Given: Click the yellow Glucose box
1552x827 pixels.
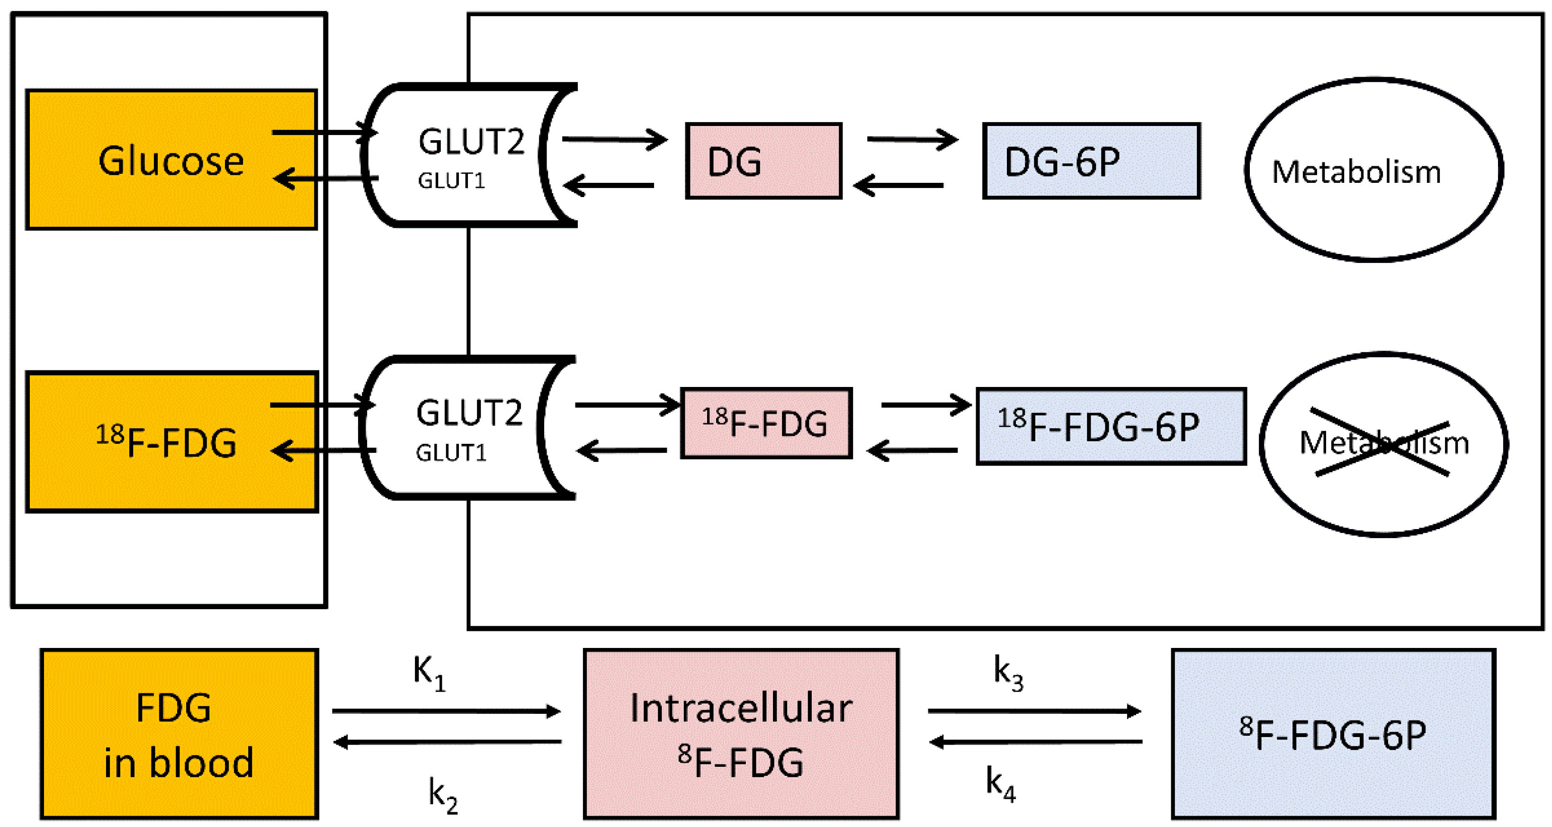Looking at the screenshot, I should pos(171,160).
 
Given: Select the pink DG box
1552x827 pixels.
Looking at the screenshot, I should pos(763,161).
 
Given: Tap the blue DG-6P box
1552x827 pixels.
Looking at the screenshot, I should pos(1091,161).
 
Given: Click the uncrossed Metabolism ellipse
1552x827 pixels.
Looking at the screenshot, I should pos(1373,171).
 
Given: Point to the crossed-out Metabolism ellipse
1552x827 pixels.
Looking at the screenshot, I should pos(1383,444).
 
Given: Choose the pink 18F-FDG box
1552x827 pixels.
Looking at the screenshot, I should pos(766,423).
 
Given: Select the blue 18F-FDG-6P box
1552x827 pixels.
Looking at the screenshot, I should pos(1111,426).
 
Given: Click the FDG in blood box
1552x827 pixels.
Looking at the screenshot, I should pos(179,734).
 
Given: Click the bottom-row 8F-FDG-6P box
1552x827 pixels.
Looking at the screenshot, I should pos(1333,734).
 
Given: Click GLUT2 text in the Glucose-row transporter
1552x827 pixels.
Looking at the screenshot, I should pos(471,142).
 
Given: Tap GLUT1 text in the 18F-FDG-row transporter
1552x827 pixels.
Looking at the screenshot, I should pos(451,453).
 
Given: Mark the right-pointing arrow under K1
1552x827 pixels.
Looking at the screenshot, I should pos(446,711).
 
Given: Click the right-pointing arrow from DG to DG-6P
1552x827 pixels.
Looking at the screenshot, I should pos(912,140).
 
